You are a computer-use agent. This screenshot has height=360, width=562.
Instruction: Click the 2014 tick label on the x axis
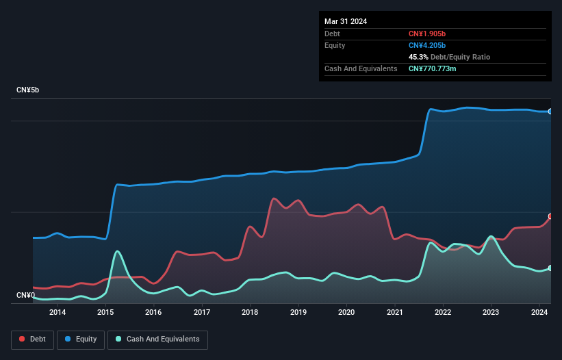tap(58, 313)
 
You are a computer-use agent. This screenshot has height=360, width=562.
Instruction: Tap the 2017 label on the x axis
tap(202, 313)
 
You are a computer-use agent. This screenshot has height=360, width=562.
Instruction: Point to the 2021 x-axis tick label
tap(394, 313)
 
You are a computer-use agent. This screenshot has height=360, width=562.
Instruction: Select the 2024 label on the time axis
tap(539, 313)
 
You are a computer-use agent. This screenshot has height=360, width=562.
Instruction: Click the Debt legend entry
tap(31, 339)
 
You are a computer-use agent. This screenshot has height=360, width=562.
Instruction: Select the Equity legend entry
tap(81, 339)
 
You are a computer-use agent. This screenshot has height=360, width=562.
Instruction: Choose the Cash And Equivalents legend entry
tap(157, 339)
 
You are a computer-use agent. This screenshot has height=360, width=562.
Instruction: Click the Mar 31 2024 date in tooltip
tap(346, 21)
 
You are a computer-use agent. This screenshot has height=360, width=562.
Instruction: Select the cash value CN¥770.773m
tap(436, 68)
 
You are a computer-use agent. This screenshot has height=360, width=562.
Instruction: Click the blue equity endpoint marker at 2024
tap(550, 111)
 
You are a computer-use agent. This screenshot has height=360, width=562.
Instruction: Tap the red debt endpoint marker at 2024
tap(550, 216)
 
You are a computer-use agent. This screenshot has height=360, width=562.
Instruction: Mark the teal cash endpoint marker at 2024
tap(550, 268)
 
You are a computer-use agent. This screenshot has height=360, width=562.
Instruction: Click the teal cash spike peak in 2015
tap(118, 251)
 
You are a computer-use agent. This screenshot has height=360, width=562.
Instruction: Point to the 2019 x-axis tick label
tap(298, 313)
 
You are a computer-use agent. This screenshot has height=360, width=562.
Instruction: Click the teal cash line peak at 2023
tap(491, 237)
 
